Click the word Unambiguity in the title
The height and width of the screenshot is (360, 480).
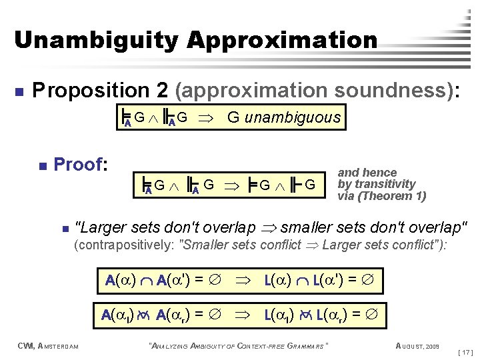97,39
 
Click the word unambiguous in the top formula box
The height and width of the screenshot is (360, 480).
293,119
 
